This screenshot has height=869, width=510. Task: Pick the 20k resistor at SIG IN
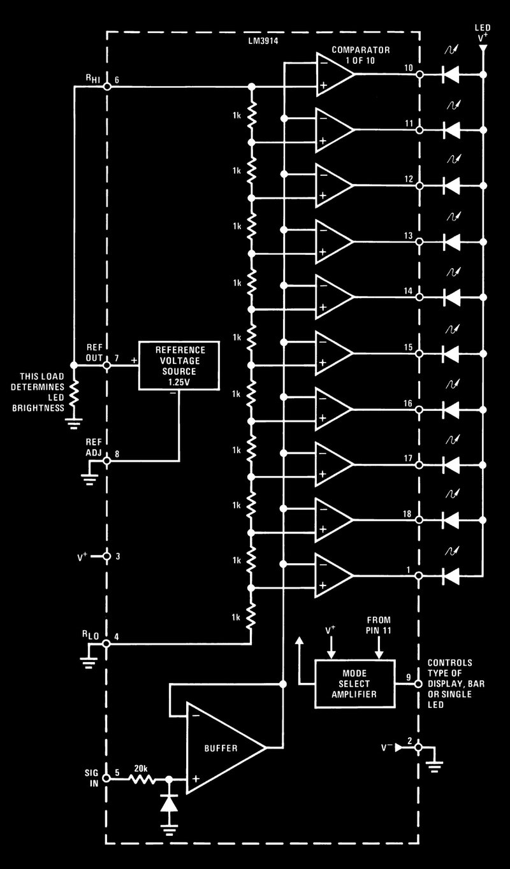142,779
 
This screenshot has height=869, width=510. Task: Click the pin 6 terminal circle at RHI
107,87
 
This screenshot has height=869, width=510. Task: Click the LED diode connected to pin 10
451,75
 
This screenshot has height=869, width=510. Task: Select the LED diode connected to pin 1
451,576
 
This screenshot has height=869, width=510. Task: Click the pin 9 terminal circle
419,684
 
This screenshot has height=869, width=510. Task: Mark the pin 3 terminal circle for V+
107,557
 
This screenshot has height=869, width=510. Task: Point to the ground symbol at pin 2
435,766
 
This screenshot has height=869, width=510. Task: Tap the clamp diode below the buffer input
168,803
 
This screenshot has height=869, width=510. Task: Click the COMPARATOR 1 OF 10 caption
361,54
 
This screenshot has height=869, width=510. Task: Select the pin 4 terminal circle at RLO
107,644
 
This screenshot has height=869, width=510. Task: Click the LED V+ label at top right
483,34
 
